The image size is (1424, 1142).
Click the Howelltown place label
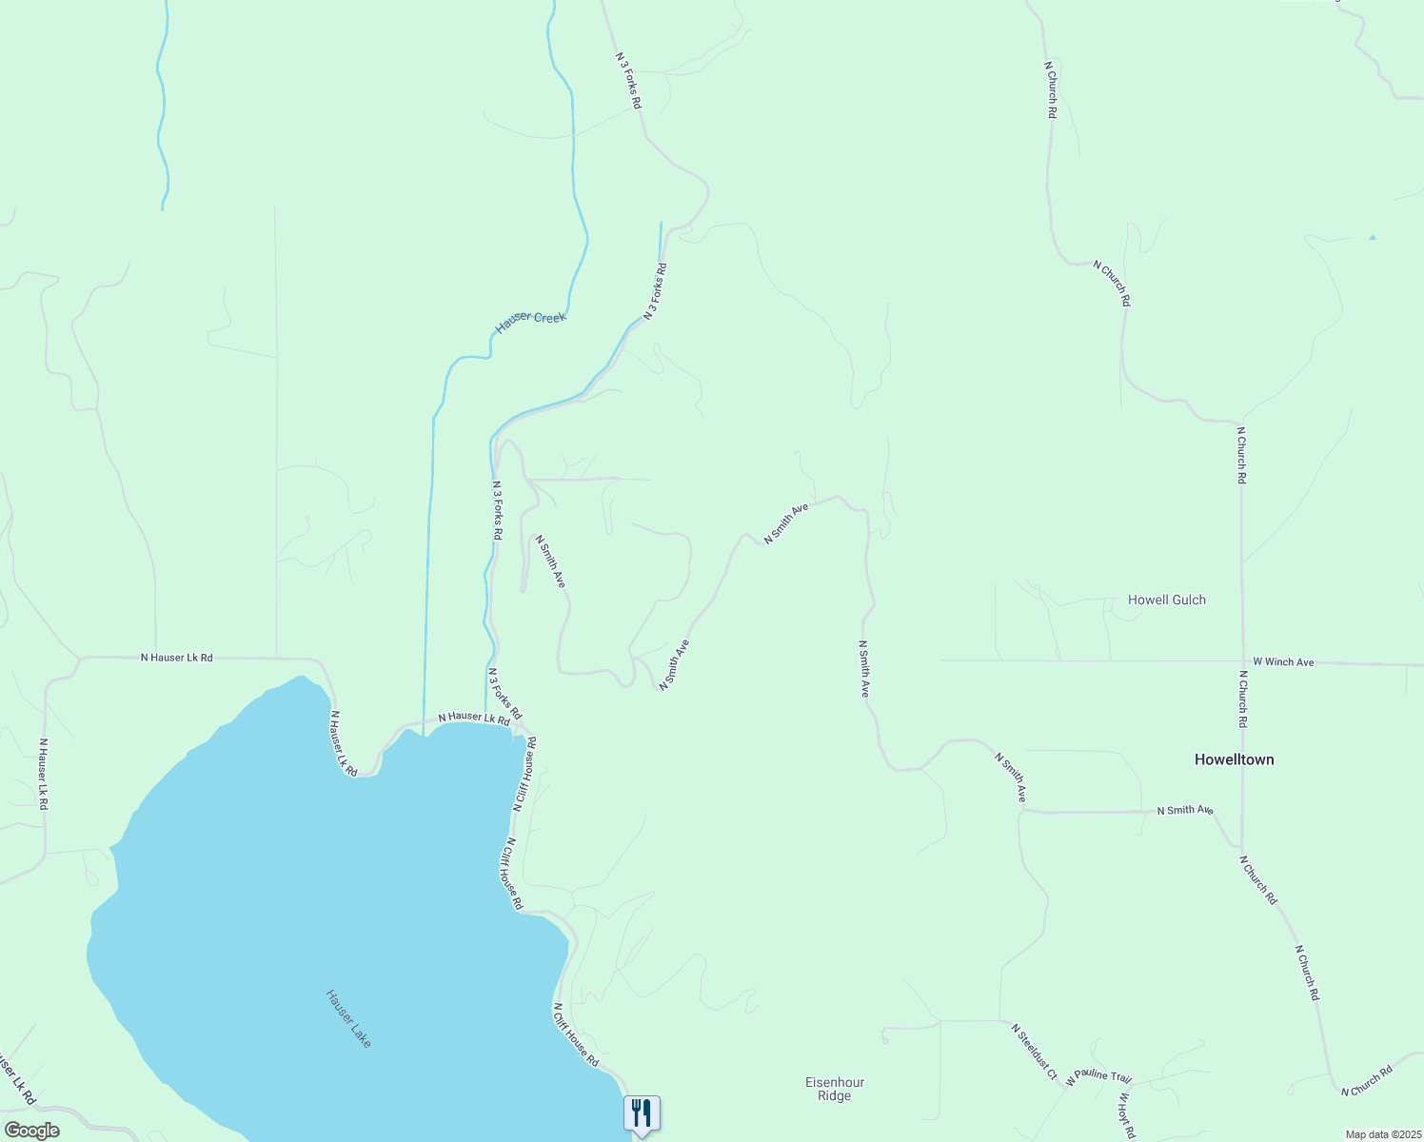[1234, 759]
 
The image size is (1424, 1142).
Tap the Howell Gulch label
[1166, 600]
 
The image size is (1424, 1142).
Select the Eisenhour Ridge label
[834, 1089]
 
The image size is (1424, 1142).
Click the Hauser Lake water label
[348, 1018]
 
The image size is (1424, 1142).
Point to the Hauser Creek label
[530, 323]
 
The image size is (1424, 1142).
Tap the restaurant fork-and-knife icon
[642, 1112]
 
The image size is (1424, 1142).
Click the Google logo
[31, 1131]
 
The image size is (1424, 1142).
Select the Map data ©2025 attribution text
[1382, 1134]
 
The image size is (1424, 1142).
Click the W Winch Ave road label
[1283, 661]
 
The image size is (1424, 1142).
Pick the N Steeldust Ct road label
[1035, 1051]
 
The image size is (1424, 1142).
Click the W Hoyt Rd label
[1126, 1115]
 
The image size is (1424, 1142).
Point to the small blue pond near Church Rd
[1372, 237]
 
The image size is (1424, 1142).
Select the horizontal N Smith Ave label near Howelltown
[1185, 810]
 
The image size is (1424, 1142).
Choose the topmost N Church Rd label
[1050, 89]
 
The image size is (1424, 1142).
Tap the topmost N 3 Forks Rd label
[628, 79]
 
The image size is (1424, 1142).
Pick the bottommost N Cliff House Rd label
[576, 1034]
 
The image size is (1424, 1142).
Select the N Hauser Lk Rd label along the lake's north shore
[474, 718]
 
